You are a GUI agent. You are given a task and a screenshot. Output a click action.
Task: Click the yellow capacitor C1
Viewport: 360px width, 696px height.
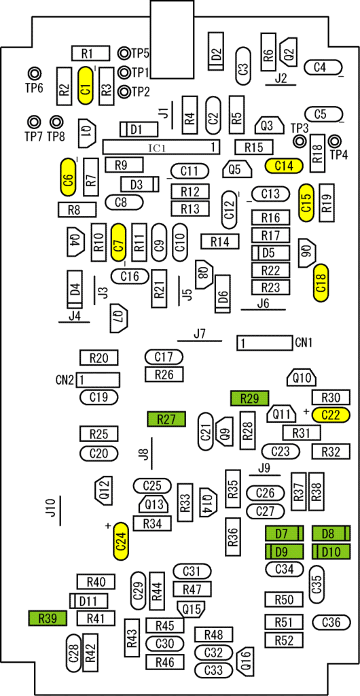(x=86, y=86)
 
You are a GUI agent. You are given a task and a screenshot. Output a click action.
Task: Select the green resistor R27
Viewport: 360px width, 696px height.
(x=166, y=419)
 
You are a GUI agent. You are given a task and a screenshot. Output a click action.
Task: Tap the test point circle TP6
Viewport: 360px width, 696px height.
(x=34, y=73)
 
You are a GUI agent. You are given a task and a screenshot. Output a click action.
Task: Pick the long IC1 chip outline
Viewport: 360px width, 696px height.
(x=162, y=147)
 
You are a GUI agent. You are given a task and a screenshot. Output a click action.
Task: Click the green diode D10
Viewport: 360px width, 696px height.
(x=331, y=552)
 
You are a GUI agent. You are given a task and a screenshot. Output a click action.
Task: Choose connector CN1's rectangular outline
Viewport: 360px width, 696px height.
(x=264, y=343)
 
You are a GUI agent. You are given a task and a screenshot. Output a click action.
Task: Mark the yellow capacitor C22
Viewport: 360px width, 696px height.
(x=331, y=415)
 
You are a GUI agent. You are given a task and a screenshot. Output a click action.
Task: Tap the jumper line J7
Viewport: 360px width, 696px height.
(x=200, y=341)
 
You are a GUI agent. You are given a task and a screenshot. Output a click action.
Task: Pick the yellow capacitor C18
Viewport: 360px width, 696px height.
(x=321, y=283)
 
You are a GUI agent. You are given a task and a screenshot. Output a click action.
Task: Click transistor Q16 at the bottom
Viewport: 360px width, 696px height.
(x=245, y=661)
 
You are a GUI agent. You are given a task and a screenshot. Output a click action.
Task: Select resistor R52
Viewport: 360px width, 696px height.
(x=284, y=640)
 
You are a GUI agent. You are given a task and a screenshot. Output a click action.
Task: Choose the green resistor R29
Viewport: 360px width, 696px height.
(x=250, y=398)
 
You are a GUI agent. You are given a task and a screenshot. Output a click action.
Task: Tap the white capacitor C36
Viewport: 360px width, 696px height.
(x=332, y=623)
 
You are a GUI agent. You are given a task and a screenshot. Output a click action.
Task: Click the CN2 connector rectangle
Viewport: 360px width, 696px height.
(x=98, y=380)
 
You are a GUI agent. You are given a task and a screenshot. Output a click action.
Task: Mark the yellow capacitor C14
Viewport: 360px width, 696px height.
(x=284, y=166)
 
